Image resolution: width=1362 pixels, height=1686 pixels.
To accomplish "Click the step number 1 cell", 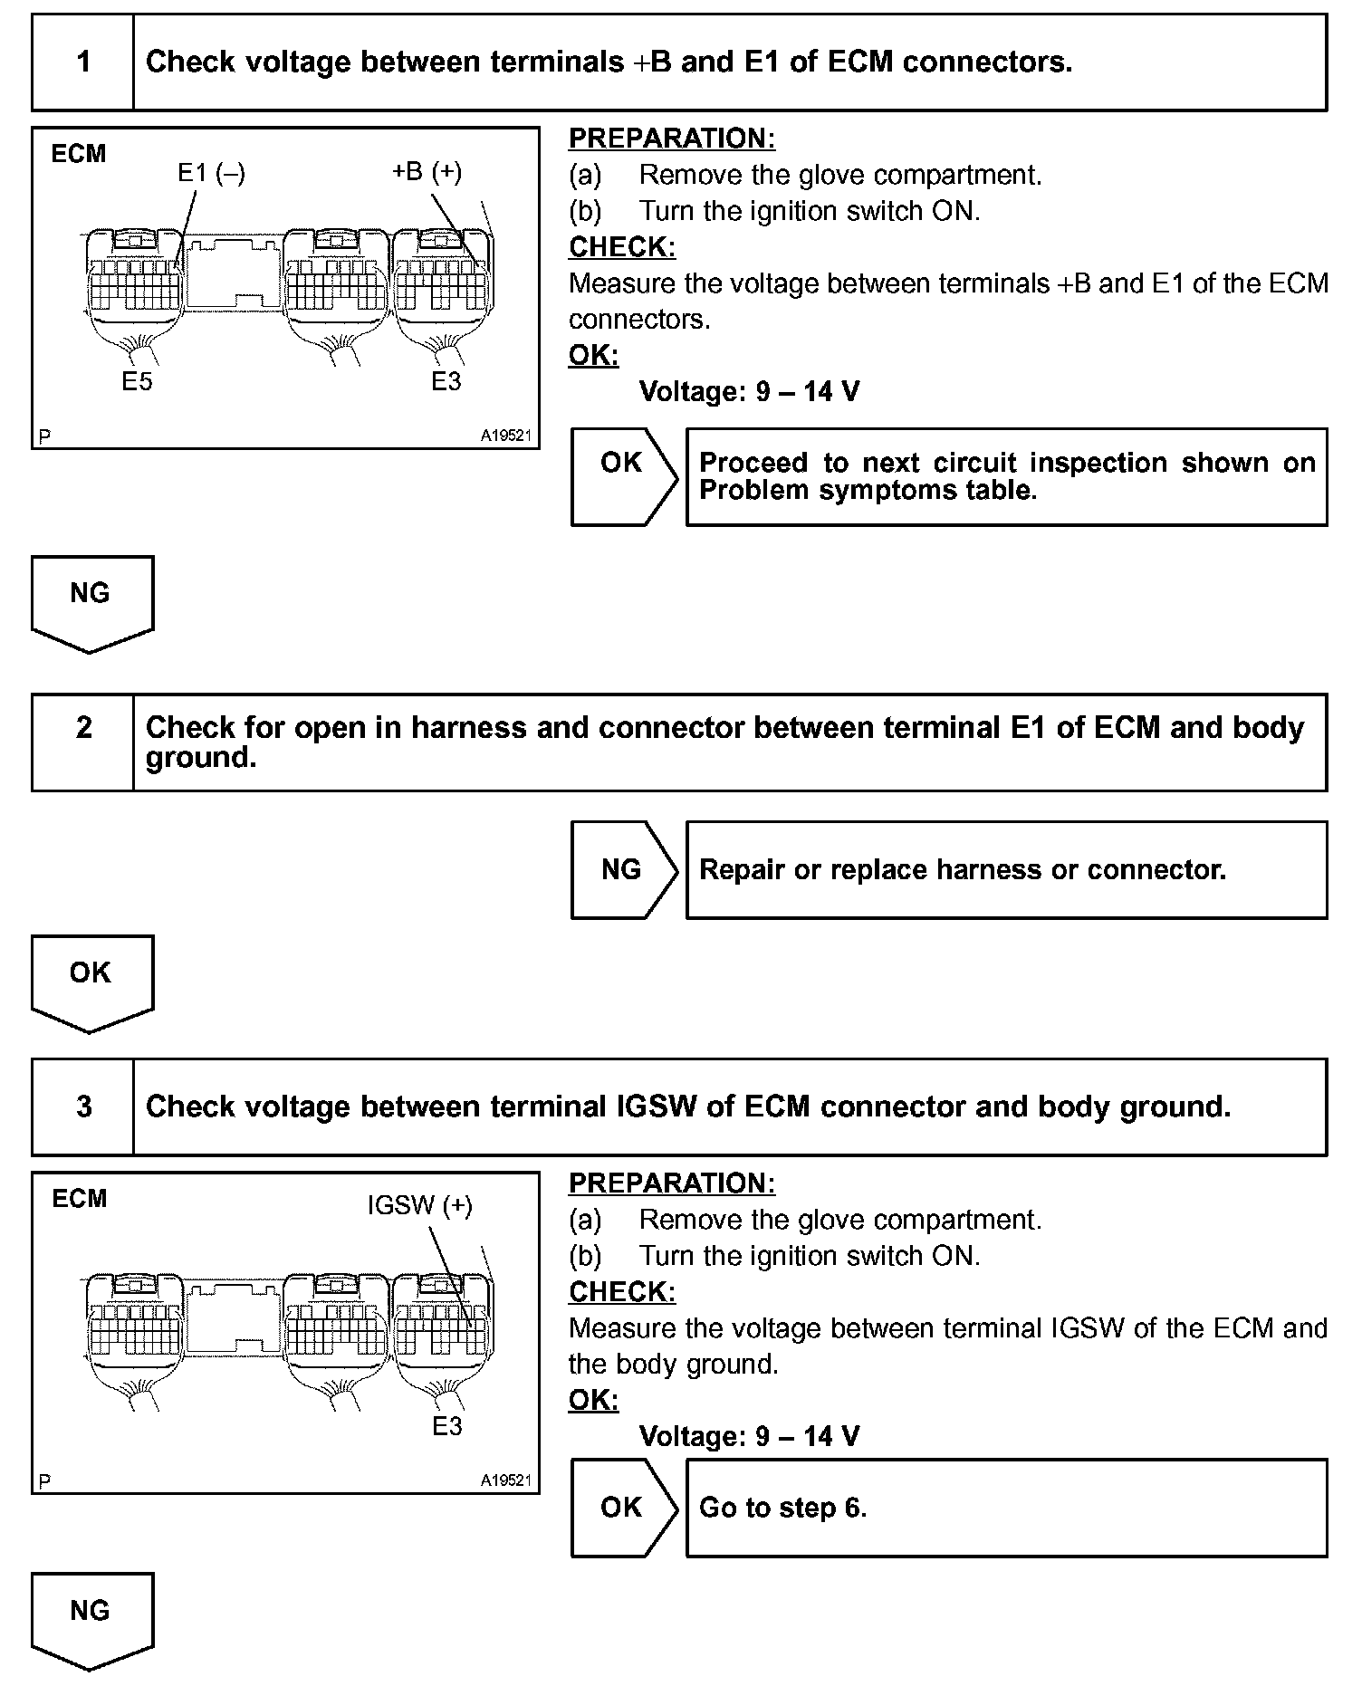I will click(x=83, y=62).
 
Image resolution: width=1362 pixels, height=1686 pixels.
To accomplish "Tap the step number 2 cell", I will click(x=83, y=742).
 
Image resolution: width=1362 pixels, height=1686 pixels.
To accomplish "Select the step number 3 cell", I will click(x=83, y=1106).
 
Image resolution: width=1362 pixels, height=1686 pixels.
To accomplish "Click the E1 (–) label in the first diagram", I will click(x=211, y=172).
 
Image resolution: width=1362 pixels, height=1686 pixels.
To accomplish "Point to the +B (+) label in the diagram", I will click(x=427, y=171).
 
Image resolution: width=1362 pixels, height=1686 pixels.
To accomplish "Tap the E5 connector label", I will click(x=138, y=382).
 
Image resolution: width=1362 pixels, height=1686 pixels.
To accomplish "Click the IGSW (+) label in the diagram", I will click(x=419, y=1205).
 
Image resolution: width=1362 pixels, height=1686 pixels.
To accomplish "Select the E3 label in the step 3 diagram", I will click(x=447, y=1426).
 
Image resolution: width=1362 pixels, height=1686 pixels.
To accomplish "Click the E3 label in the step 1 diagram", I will click(x=446, y=382).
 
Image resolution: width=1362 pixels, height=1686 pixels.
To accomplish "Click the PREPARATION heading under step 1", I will click(x=672, y=139).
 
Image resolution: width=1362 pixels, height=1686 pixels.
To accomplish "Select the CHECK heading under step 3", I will click(x=622, y=1291).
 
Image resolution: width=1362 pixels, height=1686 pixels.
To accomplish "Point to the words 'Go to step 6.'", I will click(x=783, y=1508).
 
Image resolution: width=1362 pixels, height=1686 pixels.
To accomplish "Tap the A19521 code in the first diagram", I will click(x=505, y=436).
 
